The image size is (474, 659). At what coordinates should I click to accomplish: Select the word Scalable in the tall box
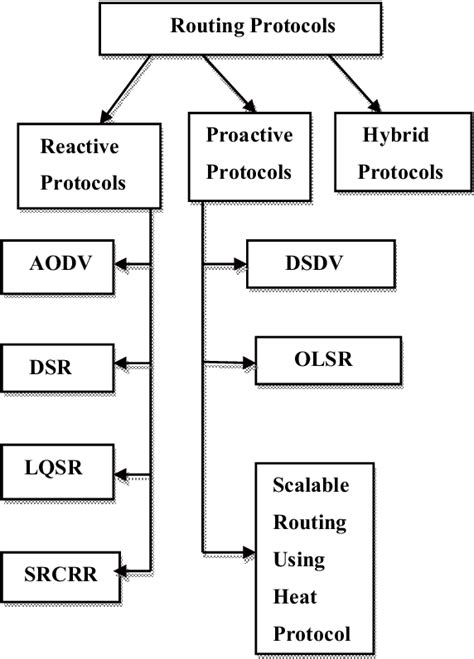[309, 485]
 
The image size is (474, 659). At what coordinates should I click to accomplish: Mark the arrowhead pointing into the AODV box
[122, 265]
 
